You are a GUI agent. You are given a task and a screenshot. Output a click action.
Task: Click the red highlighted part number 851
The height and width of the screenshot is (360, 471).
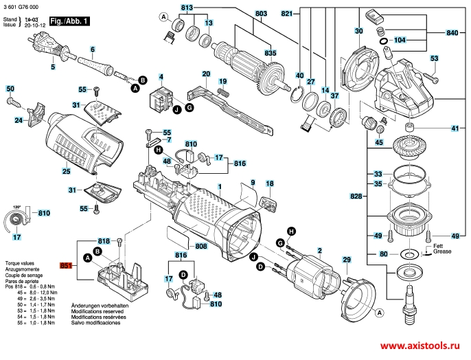click(66, 265)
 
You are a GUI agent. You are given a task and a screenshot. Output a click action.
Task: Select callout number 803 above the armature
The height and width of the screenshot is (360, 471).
click(242, 13)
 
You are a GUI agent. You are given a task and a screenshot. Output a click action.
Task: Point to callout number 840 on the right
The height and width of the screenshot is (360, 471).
click(452, 32)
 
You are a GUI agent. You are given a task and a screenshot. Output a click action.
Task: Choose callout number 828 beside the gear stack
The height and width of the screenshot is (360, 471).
click(355, 196)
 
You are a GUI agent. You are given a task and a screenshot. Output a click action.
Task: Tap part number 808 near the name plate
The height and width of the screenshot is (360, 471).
click(201, 246)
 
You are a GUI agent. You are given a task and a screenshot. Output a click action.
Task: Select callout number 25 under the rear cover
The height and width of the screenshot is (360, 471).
click(66, 170)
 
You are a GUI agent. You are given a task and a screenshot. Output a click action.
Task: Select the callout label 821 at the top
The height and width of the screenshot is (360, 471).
click(287, 13)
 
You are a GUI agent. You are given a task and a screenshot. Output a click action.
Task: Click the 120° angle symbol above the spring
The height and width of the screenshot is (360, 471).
click(17, 205)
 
